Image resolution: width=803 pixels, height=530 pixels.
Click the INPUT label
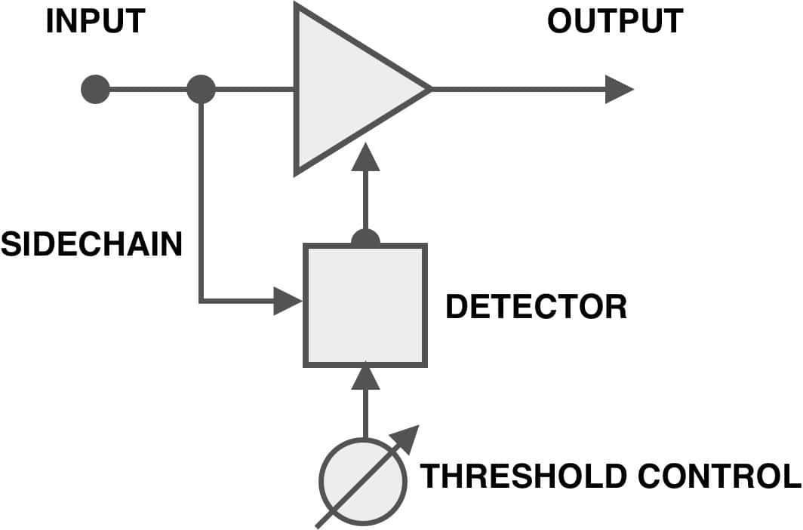tap(96, 21)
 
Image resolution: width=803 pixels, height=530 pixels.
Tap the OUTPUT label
tap(615, 21)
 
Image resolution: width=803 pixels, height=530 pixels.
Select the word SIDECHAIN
tap(91, 244)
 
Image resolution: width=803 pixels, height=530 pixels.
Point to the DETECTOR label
tap(536, 307)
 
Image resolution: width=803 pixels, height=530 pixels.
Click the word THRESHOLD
tap(523, 476)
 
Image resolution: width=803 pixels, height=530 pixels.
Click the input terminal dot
tap(96, 90)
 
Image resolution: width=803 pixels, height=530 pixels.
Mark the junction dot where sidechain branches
tap(201, 90)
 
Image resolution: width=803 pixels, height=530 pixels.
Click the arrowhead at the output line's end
tap(620, 90)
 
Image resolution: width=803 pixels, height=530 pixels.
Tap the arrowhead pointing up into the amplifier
tap(365, 157)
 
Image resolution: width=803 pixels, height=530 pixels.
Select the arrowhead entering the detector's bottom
tap(365, 375)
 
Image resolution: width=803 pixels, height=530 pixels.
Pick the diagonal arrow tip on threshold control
tap(419, 426)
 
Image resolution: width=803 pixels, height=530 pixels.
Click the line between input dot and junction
tap(149, 90)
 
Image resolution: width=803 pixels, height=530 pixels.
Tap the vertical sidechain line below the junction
tap(202, 202)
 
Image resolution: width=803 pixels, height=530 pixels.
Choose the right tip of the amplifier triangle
tap(431, 89)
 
